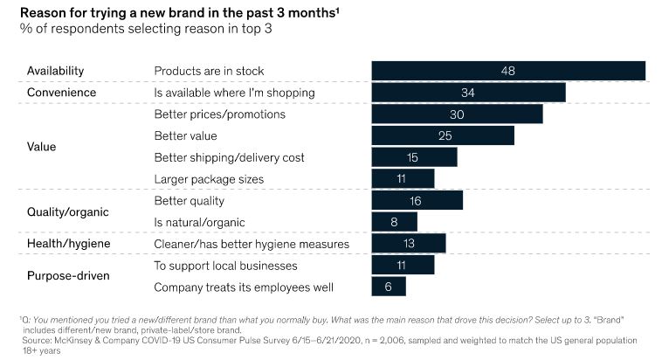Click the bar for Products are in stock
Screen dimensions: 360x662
(508, 71)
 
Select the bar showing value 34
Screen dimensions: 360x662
(468, 93)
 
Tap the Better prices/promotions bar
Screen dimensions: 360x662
(457, 114)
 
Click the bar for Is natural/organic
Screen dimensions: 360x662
(394, 222)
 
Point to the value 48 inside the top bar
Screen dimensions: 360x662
(508, 71)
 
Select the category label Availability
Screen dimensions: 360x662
(56, 71)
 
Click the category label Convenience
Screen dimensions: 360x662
(61, 93)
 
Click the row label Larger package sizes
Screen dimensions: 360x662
(209, 179)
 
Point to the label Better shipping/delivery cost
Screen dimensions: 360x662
(229, 157)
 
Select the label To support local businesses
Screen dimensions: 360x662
(225, 265)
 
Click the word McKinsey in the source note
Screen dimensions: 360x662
(71, 338)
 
